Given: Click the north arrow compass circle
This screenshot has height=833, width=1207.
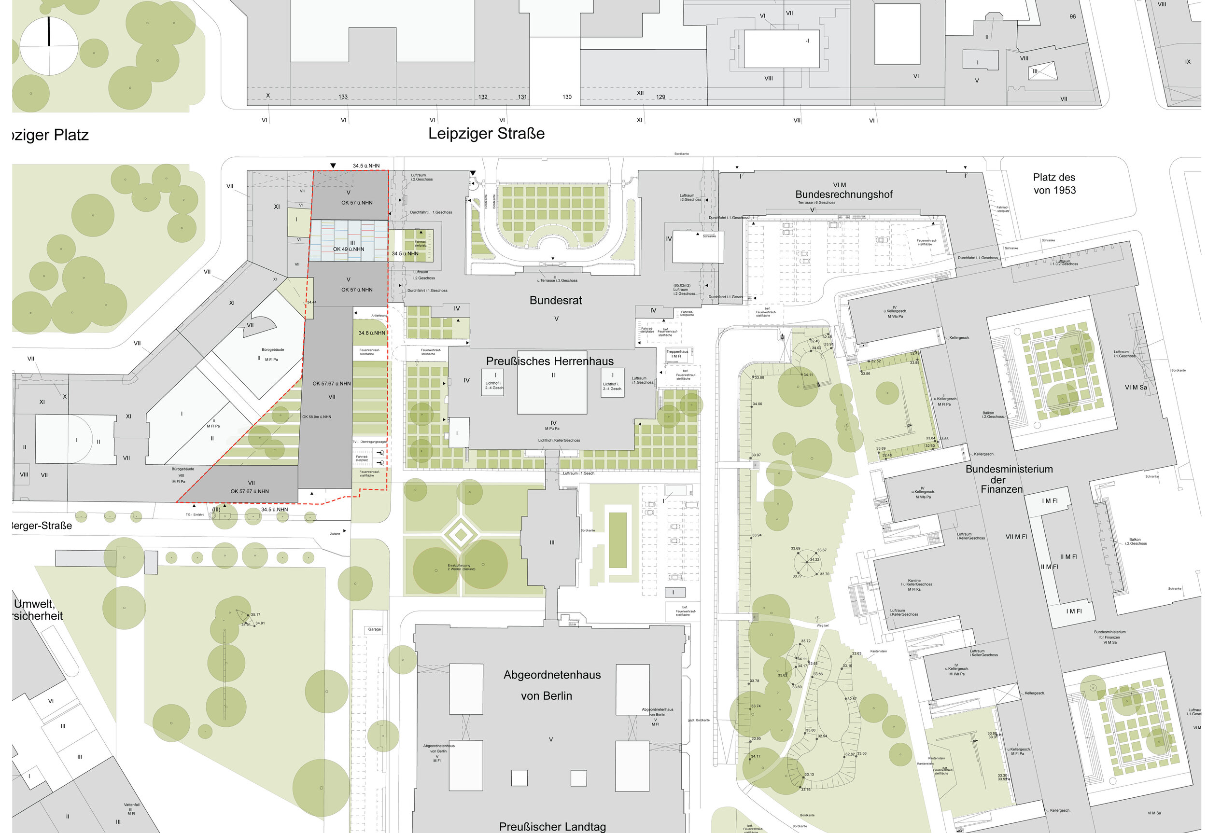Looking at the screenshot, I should coord(49,46).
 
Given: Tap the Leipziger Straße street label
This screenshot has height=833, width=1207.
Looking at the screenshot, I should coord(486,134).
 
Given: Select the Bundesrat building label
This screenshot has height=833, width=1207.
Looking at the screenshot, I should coord(556,301).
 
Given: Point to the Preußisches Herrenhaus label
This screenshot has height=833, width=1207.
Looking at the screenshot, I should coord(550,361).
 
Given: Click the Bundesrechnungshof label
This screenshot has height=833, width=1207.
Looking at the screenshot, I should coord(843,194).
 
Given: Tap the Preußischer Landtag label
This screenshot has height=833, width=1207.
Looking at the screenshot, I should coord(552,826).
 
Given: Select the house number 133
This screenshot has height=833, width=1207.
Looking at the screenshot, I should coord(343,97).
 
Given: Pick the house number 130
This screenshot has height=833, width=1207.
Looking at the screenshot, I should coord(567,97).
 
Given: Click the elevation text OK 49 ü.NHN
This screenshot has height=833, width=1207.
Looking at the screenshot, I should coord(349,250).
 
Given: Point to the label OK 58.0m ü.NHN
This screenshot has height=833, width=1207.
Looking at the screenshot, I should coord(316,417).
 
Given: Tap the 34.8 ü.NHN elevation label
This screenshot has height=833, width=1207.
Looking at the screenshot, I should coord(372,333).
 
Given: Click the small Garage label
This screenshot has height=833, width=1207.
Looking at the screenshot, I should coord(374,629).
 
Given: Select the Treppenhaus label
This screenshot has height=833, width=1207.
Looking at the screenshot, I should coord(677,352).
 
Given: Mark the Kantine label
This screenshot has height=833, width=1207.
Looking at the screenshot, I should coord(914,581).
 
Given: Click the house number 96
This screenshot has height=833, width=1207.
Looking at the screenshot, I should coord(1072,17).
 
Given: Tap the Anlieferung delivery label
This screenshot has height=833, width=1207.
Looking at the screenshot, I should coord(379,316).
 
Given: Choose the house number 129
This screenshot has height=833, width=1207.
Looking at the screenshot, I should coord(660,97).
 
